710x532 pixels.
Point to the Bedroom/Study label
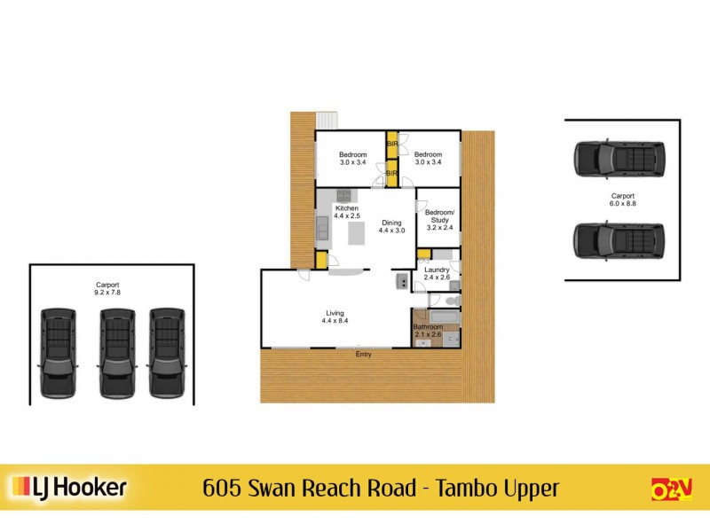[x=439, y=216]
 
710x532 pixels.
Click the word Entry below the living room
[x=363, y=355]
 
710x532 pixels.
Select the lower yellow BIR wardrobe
[x=391, y=174]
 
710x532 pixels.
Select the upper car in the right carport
[x=619, y=158]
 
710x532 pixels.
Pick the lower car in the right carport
[x=619, y=239]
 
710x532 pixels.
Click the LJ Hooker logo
[x=69, y=487]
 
